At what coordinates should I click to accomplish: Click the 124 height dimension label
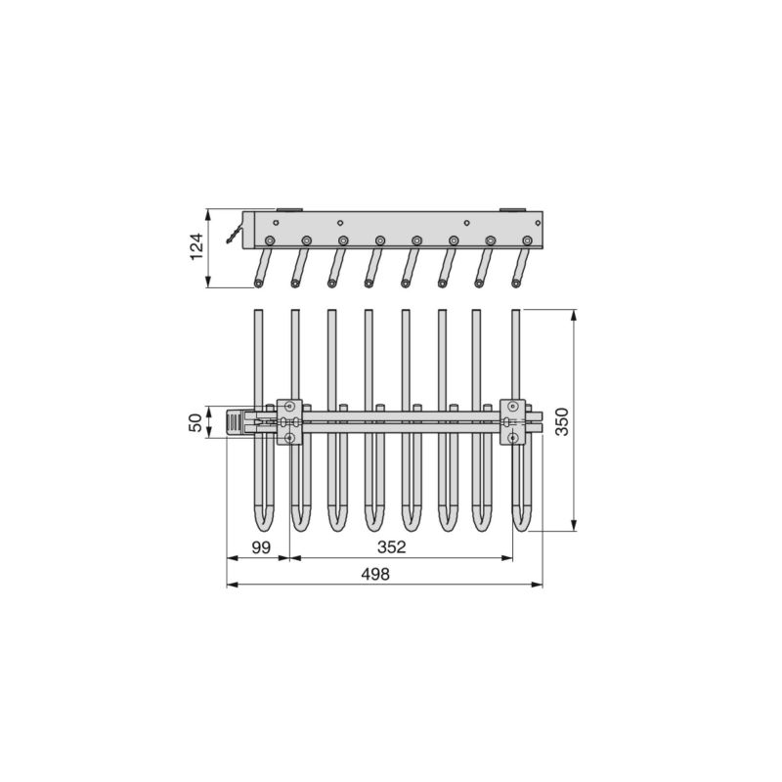(195, 248)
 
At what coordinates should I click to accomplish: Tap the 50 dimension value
(195, 422)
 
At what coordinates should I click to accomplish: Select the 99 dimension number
(260, 547)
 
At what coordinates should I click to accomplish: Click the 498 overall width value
(374, 575)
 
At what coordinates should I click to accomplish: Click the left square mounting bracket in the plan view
(289, 422)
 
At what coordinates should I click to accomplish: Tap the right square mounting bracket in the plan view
(512, 422)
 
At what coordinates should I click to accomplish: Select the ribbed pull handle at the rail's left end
(235, 422)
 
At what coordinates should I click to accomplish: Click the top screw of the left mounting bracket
(289, 406)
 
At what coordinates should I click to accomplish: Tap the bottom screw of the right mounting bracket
(512, 439)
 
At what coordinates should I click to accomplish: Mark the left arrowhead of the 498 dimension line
(230, 585)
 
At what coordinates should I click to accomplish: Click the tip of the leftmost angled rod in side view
(258, 282)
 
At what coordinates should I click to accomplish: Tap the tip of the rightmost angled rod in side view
(515, 282)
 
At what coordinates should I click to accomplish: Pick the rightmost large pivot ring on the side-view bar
(527, 240)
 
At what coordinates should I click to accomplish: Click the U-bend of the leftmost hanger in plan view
(260, 522)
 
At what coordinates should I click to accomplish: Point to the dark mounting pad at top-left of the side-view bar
(290, 209)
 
